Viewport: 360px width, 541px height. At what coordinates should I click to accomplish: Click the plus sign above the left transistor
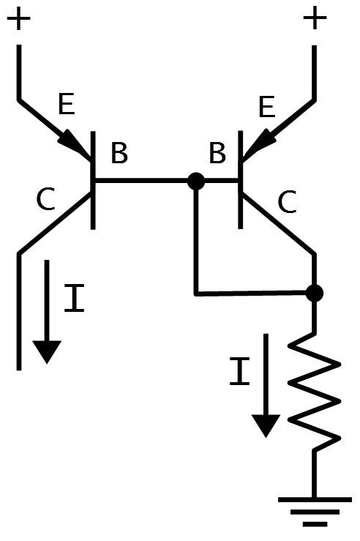pyautogui.click(x=18, y=18)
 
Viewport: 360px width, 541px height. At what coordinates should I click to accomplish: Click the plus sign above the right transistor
pyautogui.click(x=314, y=18)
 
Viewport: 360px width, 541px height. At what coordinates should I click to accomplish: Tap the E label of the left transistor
pyautogui.click(x=66, y=104)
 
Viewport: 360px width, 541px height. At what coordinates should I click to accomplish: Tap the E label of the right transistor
pyautogui.click(x=266, y=106)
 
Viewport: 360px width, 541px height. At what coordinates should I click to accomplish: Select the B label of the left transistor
pyautogui.click(x=119, y=153)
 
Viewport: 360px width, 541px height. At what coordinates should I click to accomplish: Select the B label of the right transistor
pyautogui.click(x=217, y=153)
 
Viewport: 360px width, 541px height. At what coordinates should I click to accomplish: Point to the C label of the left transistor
pyautogui.click(x=46, y=199)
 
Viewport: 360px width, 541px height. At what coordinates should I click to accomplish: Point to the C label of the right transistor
pyautogui.click(x=288, y=202)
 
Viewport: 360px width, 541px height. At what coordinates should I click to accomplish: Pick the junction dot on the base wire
pyautogui.click(x=196, y=181)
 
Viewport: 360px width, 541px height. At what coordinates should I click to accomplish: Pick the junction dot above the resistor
pyautogui.click(x=315, y=294)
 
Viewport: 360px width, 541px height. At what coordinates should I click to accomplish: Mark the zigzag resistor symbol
pyautogui.click(x=315, y=392)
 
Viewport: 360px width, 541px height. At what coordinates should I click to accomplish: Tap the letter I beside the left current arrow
pyautogui.click(x=75, y=298)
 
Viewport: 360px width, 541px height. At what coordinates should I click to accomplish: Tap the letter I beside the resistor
pyautogui.click(x=240, y=371)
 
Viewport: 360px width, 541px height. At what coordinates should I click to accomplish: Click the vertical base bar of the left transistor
pyautogui.click(x=93, y=180)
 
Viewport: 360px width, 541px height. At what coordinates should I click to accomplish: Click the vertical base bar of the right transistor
pyautogui.click(x=240, y=179)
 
